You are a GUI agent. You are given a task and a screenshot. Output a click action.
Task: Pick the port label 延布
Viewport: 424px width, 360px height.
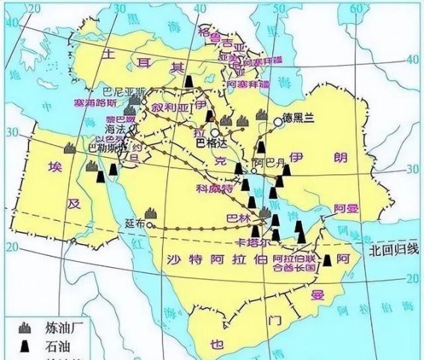[135, 223]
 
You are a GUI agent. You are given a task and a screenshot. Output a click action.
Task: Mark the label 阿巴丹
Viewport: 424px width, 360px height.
[268, 161]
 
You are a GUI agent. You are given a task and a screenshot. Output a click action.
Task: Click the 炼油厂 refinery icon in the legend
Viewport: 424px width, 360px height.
[27, 328]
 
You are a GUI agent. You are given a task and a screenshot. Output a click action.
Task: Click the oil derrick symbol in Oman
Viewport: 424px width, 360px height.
[326, 260]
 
